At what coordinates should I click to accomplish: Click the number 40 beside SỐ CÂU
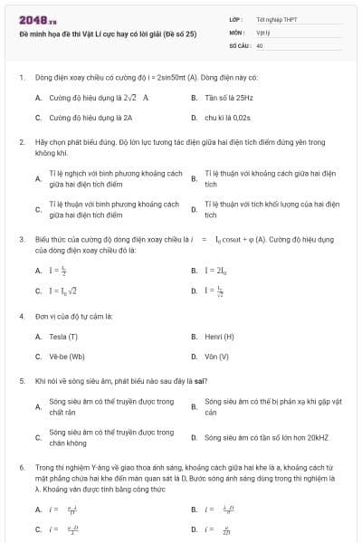tap(260, 44)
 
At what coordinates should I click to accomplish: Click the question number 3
tap(21, 239)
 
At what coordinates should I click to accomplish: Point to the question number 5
tap(21, 382)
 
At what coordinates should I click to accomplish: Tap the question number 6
tap(21, 467)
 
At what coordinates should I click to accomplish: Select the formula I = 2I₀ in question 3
tap(215, 271)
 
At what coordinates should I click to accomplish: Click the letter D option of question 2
tap(194, 210)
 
